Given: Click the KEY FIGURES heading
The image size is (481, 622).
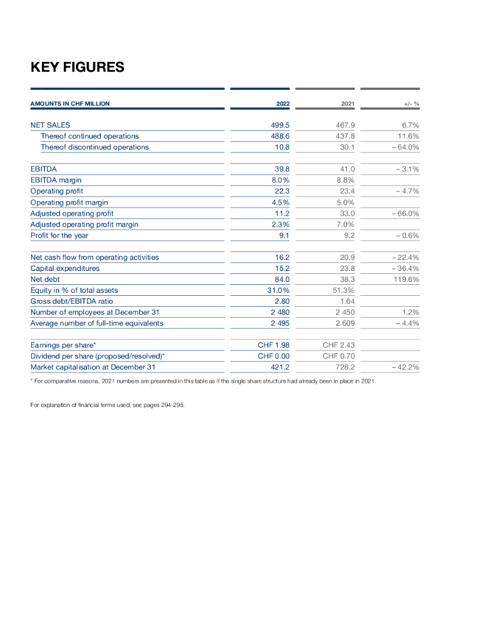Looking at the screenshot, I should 77,67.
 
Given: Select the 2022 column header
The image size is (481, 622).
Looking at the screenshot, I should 282,104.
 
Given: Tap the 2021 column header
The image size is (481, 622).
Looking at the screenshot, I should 347,104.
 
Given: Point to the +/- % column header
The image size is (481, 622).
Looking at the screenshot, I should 412,104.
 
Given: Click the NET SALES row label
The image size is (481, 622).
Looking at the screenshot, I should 50,125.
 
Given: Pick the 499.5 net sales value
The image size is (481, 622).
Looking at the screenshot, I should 279,125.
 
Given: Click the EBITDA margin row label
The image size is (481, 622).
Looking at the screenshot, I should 56,180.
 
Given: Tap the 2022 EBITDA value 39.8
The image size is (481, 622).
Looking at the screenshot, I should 281,169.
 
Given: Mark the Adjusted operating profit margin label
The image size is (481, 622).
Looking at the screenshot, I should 84,224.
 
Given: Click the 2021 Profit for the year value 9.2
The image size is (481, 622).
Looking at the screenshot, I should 349,235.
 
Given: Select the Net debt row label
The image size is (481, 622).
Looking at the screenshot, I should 45,279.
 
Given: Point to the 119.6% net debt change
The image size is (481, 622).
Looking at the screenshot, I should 406,279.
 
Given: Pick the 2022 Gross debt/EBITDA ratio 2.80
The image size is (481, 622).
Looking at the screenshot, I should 281,301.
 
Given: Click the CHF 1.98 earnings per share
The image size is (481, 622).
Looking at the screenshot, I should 274,345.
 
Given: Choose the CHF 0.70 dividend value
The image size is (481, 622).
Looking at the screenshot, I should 339,356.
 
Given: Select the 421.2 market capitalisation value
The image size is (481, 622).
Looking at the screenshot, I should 279,367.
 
